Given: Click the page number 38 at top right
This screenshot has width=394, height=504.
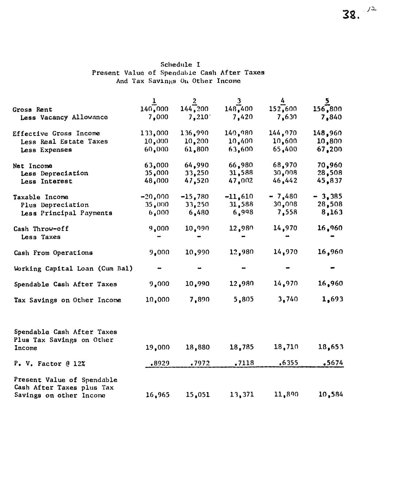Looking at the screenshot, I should click(351, 15).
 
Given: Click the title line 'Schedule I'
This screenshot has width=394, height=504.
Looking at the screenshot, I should click(180, 65).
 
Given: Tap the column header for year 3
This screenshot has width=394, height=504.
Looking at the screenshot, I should click(239, 101).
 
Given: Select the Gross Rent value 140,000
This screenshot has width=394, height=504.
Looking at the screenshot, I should click(154, 109).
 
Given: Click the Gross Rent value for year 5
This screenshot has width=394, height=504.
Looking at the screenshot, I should click(327, 109).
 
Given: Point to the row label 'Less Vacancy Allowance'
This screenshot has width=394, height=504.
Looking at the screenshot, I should click(64, 117).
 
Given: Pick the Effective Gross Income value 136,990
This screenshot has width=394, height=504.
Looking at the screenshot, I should click(194, 133).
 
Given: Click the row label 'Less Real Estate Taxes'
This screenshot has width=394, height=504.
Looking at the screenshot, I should click(64, 141).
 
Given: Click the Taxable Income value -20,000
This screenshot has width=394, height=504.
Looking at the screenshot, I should click(154, 196).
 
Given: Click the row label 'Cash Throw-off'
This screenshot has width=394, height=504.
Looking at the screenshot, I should click(41, 229).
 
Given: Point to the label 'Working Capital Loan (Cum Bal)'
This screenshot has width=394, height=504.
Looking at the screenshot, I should click(73, 268).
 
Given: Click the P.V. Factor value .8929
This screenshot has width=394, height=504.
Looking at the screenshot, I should click(159, 363).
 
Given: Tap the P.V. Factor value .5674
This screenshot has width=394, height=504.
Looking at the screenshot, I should click(333, 363).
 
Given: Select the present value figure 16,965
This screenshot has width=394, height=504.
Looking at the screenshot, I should click(158, 395).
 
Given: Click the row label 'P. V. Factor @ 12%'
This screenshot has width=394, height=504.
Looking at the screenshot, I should click(50, 364).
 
